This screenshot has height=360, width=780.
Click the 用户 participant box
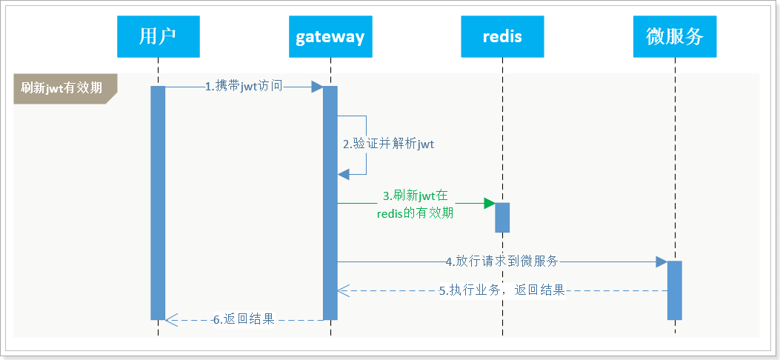(159, 36)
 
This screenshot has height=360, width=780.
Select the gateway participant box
(330, 36)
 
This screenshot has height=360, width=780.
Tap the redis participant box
(502, 36)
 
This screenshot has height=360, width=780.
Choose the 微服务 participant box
(675, 36)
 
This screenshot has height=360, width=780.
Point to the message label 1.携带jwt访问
(244, 86)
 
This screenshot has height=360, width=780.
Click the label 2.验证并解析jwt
(388, 144)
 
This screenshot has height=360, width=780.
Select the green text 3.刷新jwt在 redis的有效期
(415, 204)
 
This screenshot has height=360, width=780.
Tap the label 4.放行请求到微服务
(501, 261)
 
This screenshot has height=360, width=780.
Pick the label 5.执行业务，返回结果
(502, 290)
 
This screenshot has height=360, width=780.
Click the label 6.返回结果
(244, 319)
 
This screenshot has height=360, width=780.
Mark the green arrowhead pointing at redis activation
(490, 203)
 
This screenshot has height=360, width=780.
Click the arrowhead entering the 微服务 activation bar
(661, 261)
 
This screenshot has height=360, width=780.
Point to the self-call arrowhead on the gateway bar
(343, 174)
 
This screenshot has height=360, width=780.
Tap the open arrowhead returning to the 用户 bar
(171, 320)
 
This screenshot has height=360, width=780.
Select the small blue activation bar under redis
(502, 217)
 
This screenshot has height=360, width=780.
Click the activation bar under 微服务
(675, 290)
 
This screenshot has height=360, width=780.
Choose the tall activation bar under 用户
(158, 203)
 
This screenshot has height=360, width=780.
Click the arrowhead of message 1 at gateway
(317, 87)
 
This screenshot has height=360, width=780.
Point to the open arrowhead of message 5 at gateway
(344, 291)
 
